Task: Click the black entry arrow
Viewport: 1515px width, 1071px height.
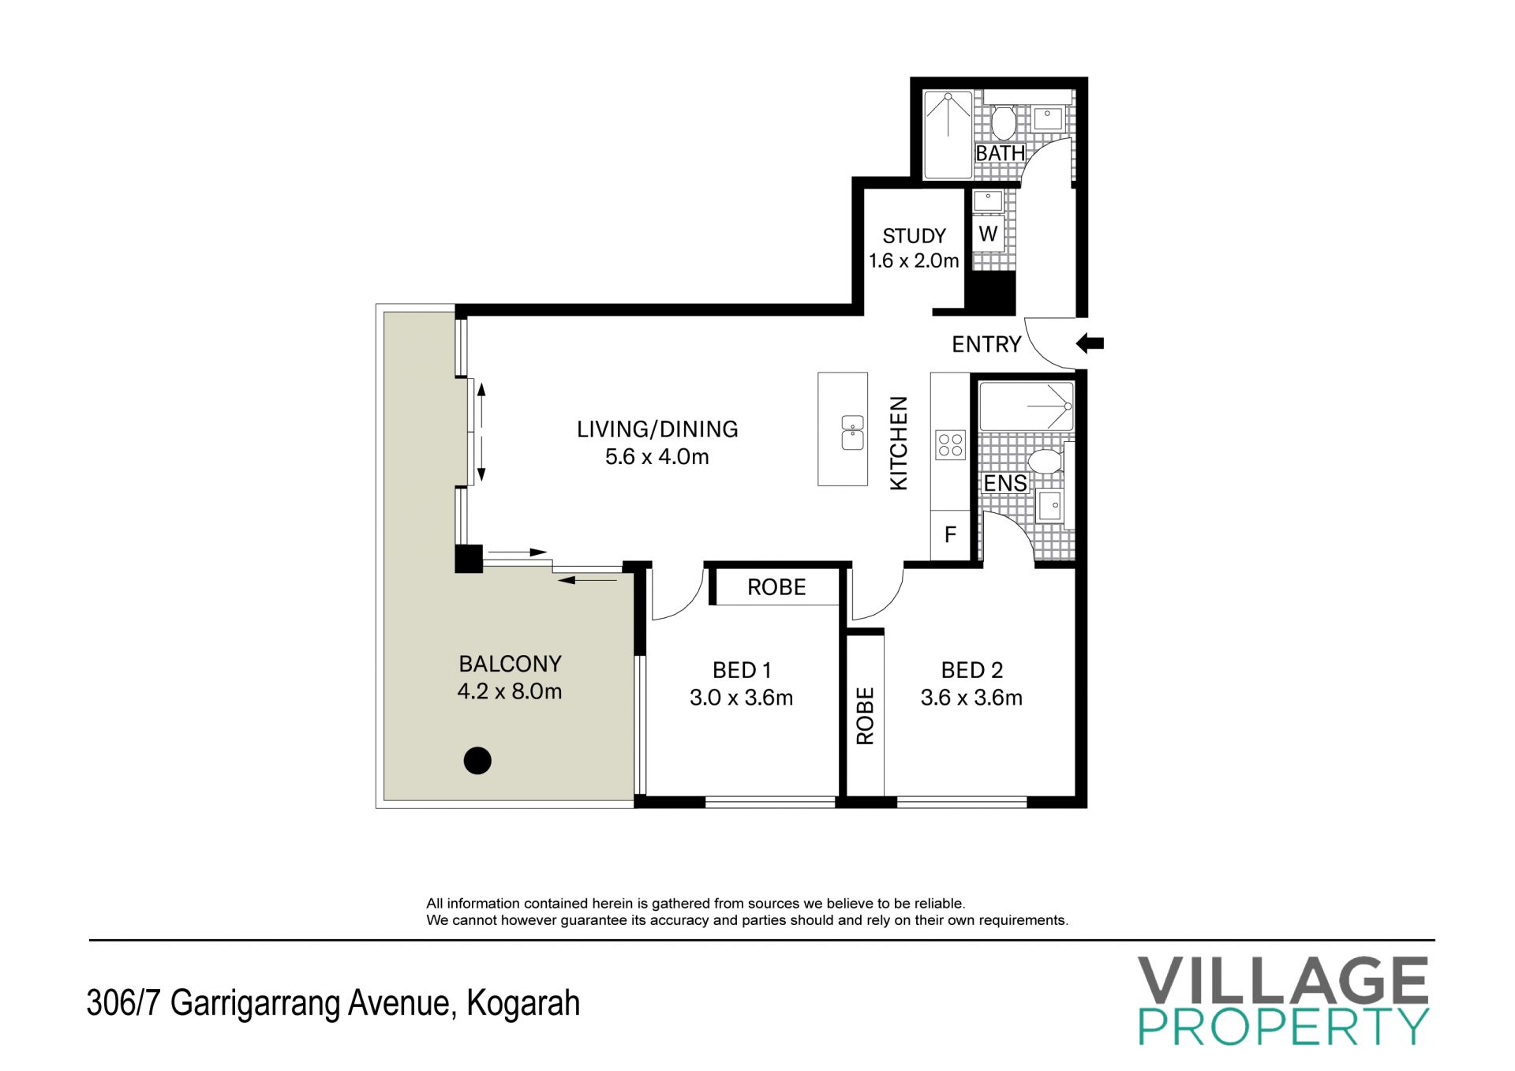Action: [1090, 343]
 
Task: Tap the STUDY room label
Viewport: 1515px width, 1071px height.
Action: [914, 236]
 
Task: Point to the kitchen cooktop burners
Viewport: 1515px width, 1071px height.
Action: [950, 444]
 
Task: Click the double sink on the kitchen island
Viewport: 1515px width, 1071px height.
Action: [852, 433]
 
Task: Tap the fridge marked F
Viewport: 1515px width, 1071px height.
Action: [950, 535]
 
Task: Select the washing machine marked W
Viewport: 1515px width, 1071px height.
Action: [988, 234]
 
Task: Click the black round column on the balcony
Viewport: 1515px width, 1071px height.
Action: [477, 761]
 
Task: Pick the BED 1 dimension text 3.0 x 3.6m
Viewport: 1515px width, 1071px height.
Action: [741, 698]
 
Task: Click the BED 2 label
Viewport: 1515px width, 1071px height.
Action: [972, 670]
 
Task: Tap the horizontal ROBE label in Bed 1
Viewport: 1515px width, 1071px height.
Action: [776, 587]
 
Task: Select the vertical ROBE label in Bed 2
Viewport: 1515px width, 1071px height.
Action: [866, 716]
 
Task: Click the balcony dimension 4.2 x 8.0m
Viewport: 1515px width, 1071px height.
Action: [510, 691]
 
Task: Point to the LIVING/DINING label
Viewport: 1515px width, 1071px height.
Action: [657, 429]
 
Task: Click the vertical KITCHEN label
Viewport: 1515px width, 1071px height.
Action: [899, 443]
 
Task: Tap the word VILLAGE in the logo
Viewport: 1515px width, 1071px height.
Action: [1283, 979]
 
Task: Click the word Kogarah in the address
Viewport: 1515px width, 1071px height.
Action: [523, 1004]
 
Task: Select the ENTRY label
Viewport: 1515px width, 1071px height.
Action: [986, 344]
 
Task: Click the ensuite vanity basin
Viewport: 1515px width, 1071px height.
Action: [1049, 506]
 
